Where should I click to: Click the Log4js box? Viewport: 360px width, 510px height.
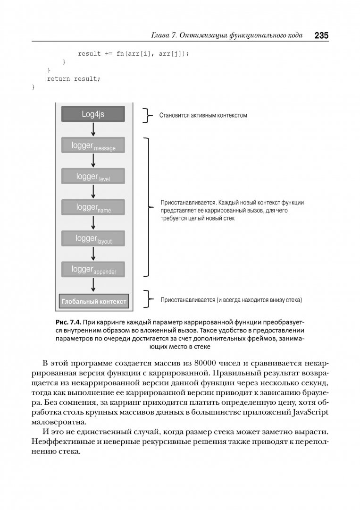(x=93, y=114)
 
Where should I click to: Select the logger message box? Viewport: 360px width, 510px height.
(x=93, y=145)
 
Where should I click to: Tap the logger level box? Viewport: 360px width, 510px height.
(x=93, y=176)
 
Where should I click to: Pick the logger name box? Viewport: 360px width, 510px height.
(x=93, y=207)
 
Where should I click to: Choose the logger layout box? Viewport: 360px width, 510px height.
(x=93, y=238)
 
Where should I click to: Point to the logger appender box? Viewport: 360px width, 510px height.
(x=93, y=269)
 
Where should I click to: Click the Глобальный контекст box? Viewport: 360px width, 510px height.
(x=93, y=301)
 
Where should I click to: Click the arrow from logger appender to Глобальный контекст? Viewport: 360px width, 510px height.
(x=93, y=285)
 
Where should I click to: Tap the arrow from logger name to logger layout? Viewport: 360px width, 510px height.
(x=93, y=223)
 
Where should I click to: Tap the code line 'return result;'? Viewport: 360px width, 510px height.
(x=74, y=79)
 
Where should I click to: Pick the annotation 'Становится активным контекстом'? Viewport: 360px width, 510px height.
(x=203, y=115)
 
